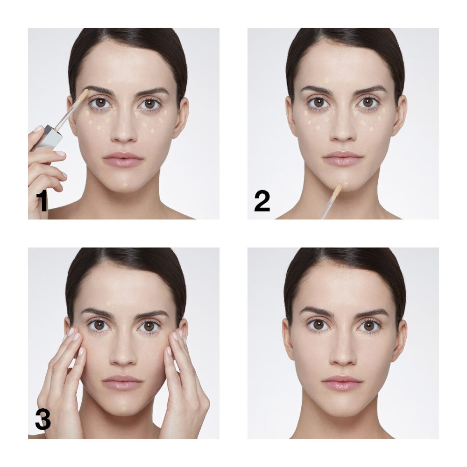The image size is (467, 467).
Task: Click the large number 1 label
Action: pos(42,201)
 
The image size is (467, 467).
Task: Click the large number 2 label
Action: pos(262,201)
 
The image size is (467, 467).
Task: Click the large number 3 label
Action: pos(43,419)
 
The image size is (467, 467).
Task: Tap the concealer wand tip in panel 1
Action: pos(85,94)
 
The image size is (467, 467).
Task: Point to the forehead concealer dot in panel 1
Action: pos(109,80)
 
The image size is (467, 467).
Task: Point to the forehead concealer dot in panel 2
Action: pos(327,80)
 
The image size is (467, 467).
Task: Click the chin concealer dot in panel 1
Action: pos(125,186)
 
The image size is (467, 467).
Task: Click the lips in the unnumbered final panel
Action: pos(342,382)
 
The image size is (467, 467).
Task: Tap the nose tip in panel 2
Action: pos(343,136)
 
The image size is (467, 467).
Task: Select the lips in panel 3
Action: pos(122,382)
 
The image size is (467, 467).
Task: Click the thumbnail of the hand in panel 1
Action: pos(38,129)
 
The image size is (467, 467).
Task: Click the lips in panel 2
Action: pos(343,158)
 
